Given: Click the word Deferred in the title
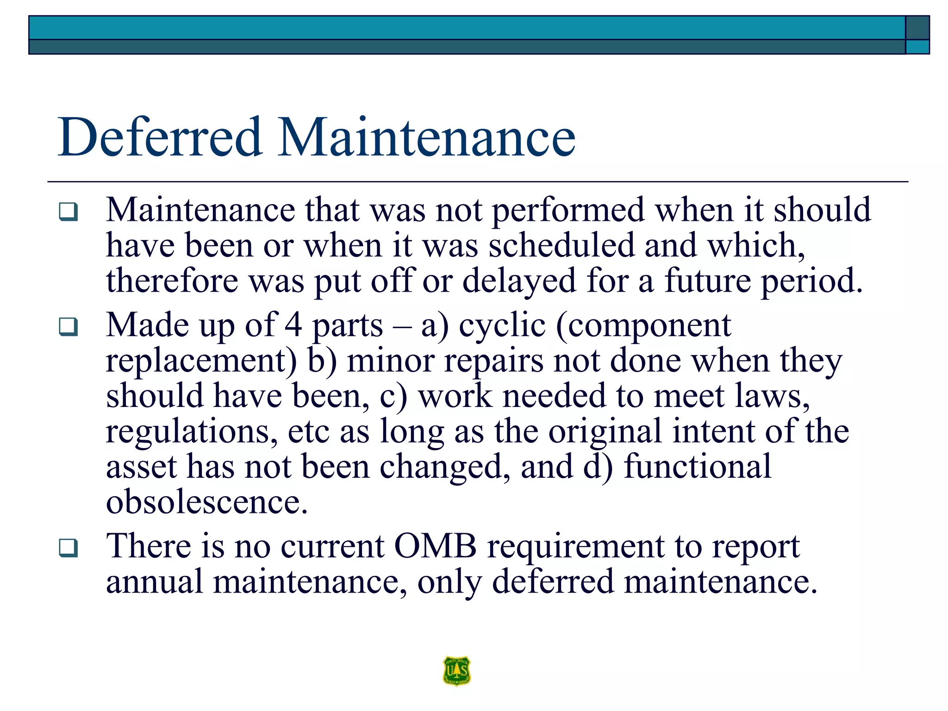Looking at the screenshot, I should [160, 137].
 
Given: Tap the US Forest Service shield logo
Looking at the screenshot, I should [456, 670].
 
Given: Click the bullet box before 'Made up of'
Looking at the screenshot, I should [69, 327].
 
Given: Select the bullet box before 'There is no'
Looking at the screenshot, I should [69, 548].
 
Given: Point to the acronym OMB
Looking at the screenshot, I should [435, 546].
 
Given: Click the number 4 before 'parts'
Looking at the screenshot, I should [293, 325].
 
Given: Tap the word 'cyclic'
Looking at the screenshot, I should [502, 325].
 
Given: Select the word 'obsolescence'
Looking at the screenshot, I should [206, 502].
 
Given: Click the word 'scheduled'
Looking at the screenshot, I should [561, 245].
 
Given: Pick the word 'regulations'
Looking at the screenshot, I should [192, 432].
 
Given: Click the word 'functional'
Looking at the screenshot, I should [698, 467].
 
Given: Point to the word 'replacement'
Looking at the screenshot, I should [201, 361].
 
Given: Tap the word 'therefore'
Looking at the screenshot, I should [172, 281].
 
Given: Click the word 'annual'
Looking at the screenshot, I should [154, 582].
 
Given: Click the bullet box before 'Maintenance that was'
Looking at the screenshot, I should [69, 212].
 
